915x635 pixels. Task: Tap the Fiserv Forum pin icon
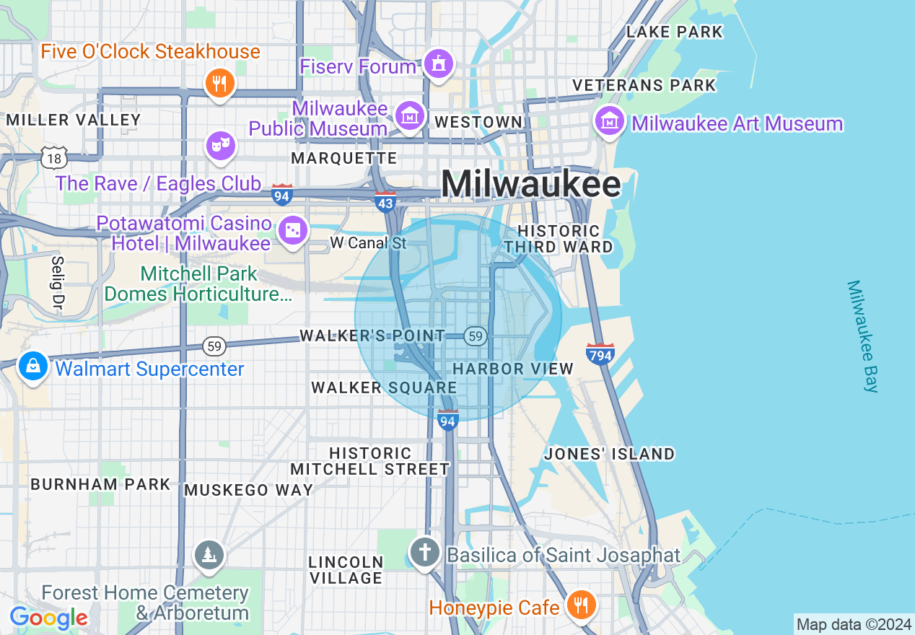[x=437, y=63]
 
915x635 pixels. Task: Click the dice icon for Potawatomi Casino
[x=293, y=231]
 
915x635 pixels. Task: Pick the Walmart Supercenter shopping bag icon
[x=33, y=367]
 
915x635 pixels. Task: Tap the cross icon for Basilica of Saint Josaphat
[x=425, y=553]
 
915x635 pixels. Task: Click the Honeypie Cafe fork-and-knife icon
[x=580, y=603]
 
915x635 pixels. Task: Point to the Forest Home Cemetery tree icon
[x=209, y=554]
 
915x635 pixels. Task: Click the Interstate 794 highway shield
[x=600, y=354]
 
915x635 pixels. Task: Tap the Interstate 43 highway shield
[x=385, y=202]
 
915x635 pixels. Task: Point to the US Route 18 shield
[x=54, y=157]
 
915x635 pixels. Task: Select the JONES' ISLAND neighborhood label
[x=610, y=454]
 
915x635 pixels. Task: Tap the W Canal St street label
[x=369, y=243]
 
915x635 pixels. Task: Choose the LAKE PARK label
[x=674, y=32]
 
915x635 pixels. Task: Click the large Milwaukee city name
[x=530, y=184]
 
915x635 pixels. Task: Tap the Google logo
[x=48, y=618]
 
